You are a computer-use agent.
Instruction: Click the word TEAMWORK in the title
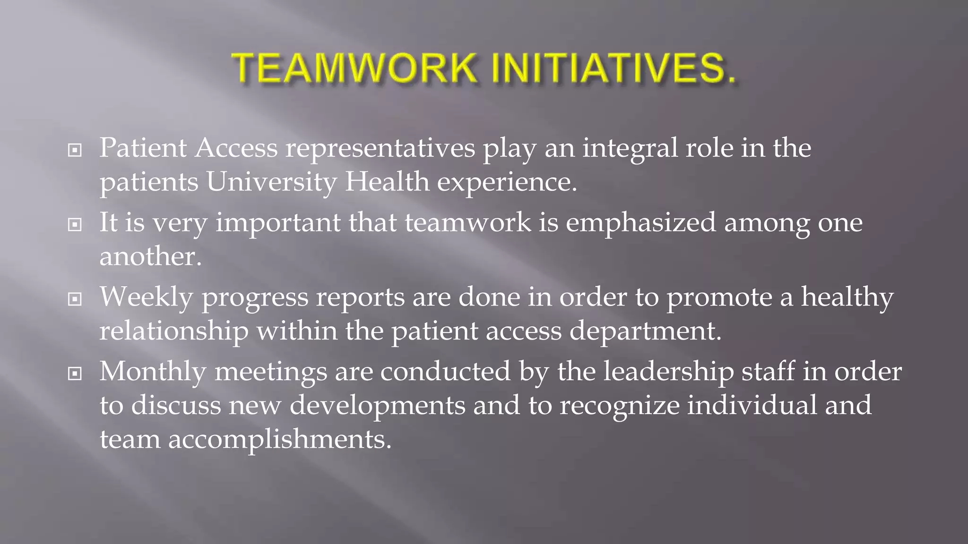pyautogui.click(x=354, y=69)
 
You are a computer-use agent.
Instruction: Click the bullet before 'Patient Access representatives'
pyautogui.click(x=75, y=151)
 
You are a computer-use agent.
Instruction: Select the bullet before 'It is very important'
pyautogui.click(x=75, y=225)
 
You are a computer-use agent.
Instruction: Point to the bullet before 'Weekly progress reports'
pyautogui.click(x=75, y=299)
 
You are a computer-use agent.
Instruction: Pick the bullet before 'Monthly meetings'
pyautogui.click(x=75, y=374)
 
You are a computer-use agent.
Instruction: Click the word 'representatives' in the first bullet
pyautogui.click(x=380, y=149)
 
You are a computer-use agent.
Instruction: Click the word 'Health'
pyautogui.click(x=387, y=182)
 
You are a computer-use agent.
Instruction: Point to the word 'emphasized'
pyautogui.click(x=641, y=223)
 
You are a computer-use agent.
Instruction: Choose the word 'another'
pyautogui.click(x=150, y=257)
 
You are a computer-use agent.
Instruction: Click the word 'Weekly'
pyautogui.click(x=147, y=297)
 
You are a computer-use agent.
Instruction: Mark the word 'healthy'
pyautogui.click(x=847, y=297)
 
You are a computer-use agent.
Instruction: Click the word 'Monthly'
pyautogui.click(x=153, y=372)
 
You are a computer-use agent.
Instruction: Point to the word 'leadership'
pyautogui.click(x=668, y=372)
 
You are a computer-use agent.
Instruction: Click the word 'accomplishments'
pyautogui.click(x=280, y=440)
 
